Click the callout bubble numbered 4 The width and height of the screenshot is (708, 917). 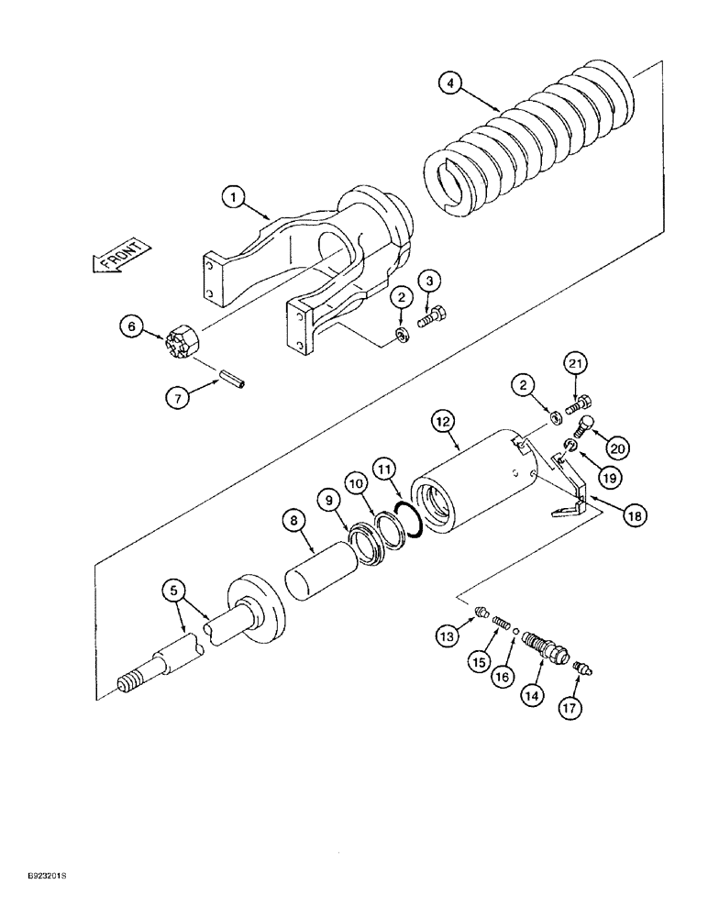click(448, 83)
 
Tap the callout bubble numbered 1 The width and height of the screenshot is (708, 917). click(234, 196)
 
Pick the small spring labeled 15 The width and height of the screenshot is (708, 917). click(501, 624)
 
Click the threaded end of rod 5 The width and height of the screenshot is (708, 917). click(130, 683)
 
